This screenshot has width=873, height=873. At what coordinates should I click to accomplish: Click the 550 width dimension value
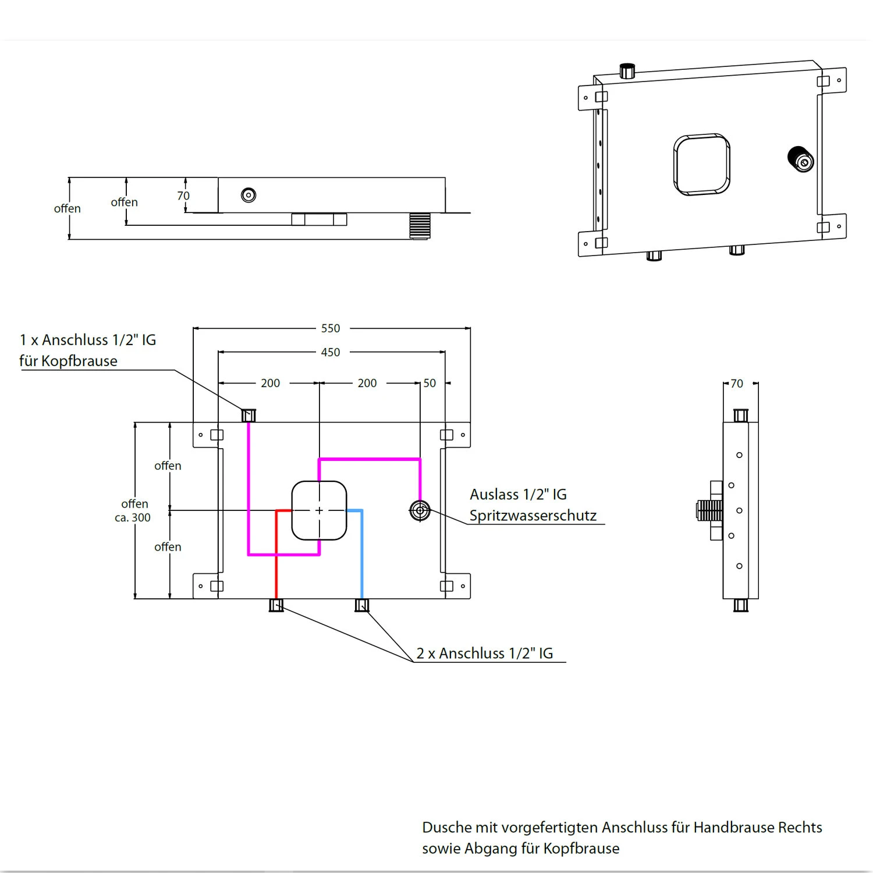pyautogui.click(x=331, y=328)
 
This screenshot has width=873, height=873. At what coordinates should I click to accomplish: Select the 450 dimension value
pyautogui.click(x=331, y=352)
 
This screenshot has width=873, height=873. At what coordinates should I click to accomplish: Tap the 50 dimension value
pyautogui.click(x=430, y=383)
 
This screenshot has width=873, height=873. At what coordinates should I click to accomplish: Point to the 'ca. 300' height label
pyautogui.click(x=133, y=517)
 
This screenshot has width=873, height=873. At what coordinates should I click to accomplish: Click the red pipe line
pyautogui.click(x=276, y=559)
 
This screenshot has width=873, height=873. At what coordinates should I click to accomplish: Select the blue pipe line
pyautogui.click(x=361, y=559)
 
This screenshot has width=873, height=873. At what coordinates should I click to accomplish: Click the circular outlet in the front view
pyautogui.click(x=420, y=510)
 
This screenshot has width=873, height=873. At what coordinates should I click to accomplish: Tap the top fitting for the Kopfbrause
pyautogui.click(x=249, y=415)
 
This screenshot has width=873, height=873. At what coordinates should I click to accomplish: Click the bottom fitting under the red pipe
pyautogui.click(x=276, y=605)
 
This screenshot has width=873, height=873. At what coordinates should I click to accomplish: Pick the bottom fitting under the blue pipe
pyautogui.click(x=361, y=605)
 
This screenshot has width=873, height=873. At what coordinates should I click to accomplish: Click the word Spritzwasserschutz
pyautogui.click(x=533, y=516)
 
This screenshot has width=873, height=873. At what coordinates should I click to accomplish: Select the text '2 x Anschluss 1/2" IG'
pyautogui.click(x=485, y=653)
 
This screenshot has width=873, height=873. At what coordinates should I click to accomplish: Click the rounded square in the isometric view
pyautogui.click(x=702, y=164)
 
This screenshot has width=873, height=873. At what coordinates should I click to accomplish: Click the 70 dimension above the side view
pyautogui.click(x=737, y=384)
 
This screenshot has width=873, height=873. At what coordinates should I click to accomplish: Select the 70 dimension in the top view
pyautogui.click(x=183, y=196)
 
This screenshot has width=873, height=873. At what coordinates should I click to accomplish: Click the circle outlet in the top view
pyautogui.click(x=249, y=195)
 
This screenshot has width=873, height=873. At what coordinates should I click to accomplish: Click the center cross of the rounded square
pyautogui.click(x=319, y=510)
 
